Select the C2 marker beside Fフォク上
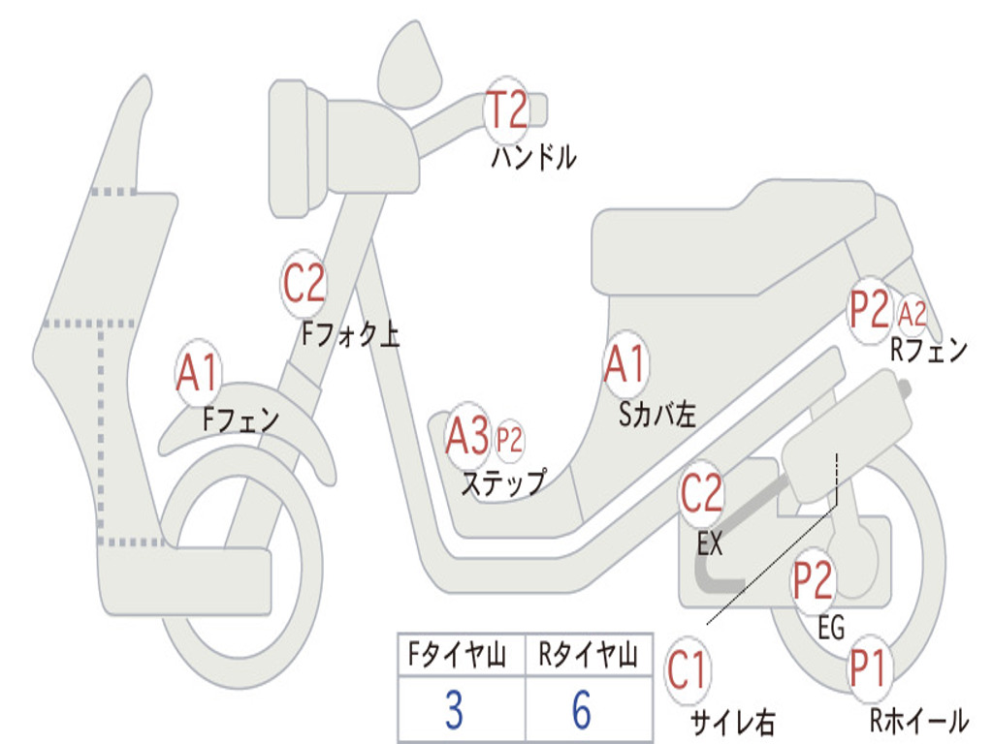tap(304, 283)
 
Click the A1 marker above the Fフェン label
tap(198, 372)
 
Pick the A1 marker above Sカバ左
tap(625, 364)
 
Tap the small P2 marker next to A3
tap(509, 441)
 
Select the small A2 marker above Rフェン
tap(913, 314)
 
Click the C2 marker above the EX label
tap(701, 494)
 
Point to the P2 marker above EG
tap(814, 580)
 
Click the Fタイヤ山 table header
tap(461, 657)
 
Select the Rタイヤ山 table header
tap(587, 657)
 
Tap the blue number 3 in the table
tap(454, 710)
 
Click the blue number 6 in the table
tap(582, 710)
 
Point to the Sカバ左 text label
tap(657, 415)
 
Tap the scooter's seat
tap(737, 237)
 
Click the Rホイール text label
tap(917, 721)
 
